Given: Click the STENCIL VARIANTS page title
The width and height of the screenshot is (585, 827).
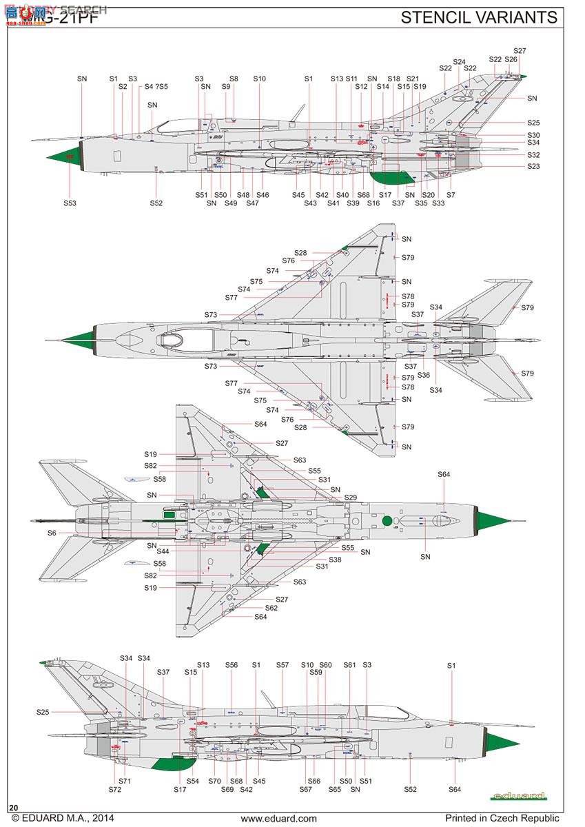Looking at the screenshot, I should [479, 17].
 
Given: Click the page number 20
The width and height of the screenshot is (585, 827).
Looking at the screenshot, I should [14, 807].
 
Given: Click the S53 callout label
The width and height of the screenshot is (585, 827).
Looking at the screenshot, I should [70, 203].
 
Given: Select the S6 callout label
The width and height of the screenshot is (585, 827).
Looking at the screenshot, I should [52, 533].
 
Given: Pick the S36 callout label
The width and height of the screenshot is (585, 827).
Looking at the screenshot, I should [423, 376].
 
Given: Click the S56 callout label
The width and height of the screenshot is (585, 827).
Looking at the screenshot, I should [232, 665].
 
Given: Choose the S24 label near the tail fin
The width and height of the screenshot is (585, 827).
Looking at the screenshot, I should [459, 62].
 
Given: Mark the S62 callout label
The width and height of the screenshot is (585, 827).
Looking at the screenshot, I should [271, 608].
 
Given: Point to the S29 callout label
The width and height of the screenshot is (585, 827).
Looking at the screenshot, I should [351, 497].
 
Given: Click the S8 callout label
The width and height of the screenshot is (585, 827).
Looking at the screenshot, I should [234, 79].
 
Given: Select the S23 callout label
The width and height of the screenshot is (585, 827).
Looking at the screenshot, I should [533, 166].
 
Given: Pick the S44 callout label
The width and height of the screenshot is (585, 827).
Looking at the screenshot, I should [163, 551].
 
